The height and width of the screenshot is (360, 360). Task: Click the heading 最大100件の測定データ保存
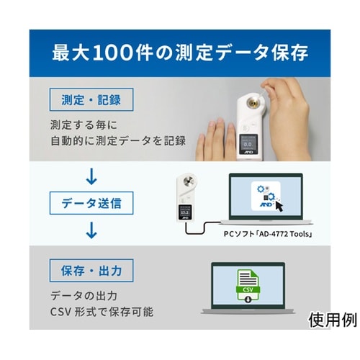(x=180, y=53)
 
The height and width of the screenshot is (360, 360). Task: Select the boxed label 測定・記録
(x=91, y=98)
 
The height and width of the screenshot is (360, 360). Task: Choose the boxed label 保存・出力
(x=91, y=271)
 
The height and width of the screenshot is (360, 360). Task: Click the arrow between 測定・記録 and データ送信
(x=91, y=175)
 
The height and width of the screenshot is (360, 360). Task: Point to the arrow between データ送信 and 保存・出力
(x=91, y=231)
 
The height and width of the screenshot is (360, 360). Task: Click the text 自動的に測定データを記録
(x=118, y=140)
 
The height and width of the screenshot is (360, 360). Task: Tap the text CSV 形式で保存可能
(x=102, y=312)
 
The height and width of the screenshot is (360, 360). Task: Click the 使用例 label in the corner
(x=332, y=319)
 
